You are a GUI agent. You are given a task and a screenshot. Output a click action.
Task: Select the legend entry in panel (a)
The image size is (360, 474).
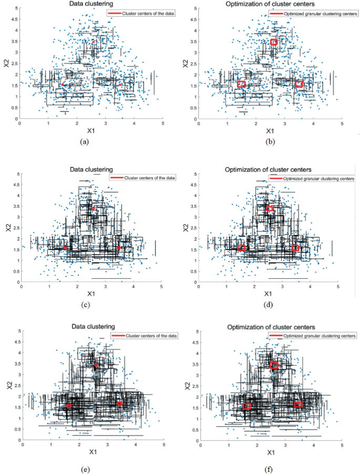tap(141, 13)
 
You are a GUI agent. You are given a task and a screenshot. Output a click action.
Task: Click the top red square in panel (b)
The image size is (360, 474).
tap(274, 42)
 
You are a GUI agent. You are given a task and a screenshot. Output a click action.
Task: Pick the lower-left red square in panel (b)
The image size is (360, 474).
tap(241, 84)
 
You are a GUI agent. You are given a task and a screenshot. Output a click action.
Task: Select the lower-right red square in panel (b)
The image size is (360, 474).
tap(300, 84)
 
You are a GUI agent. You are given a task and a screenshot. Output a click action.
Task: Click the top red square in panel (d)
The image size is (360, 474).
tap(270, 209)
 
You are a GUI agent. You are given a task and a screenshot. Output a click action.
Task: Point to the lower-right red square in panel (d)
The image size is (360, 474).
tap(295, 248)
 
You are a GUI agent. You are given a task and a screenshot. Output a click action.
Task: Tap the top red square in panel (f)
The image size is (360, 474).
tap(274, 365)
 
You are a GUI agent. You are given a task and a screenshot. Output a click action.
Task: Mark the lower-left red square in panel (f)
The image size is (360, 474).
tap(246, 407)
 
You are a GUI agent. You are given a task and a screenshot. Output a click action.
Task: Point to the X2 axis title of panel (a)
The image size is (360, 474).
tap(6, 63)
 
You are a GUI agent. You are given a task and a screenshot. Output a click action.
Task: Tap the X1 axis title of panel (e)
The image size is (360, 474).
tap(92, 452)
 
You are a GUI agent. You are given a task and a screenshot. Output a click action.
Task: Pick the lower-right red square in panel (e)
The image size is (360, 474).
tap(120, 404)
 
